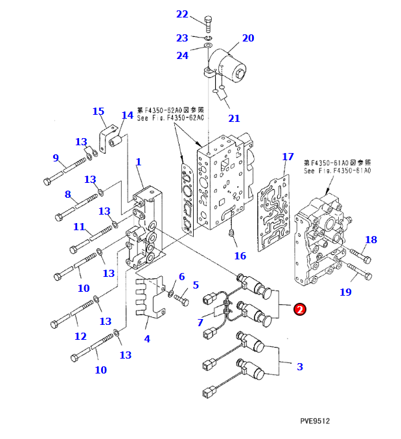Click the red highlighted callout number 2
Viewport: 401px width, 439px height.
pos(300,309)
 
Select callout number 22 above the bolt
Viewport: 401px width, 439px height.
pos(182,14)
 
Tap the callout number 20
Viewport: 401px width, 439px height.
pos(248,38)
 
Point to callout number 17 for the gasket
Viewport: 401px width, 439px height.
pos(288,157)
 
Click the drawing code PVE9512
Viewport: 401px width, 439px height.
pos(315,421)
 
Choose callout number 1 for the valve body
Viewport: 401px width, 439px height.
pos(138,161)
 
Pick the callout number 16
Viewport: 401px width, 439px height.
pos(240,255)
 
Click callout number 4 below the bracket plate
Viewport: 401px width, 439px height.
pos(147,338)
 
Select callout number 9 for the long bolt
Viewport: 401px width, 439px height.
pos(56,158)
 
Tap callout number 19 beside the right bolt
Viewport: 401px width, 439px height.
pos(346,292)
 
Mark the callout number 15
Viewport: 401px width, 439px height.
pos(98,112)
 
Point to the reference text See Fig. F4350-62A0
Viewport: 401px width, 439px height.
pos(170,118)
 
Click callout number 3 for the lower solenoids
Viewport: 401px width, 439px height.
pos(299,366)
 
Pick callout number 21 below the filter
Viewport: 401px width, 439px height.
pos(234,118)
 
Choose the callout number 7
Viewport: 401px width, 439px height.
pos(200,322)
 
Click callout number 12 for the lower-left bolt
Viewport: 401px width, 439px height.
pos(80,336)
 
